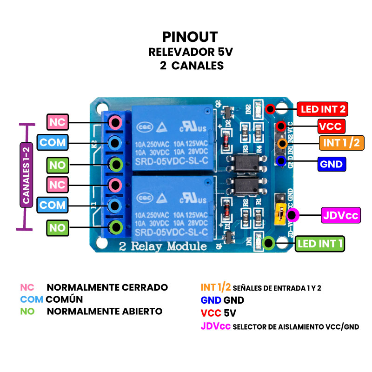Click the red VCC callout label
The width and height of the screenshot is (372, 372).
tap(330, 126)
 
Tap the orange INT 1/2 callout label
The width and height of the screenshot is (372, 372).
tap(341, 143)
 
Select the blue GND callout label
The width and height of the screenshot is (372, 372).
tap(331, 164)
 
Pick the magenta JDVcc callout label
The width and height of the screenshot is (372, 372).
tap(341, 216)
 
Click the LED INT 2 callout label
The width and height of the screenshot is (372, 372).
tap(323, 110)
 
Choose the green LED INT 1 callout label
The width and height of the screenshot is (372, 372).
tap(321, 243)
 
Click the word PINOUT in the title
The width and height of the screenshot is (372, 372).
tap(190, 37)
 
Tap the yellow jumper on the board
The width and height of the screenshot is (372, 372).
tap(280, 214)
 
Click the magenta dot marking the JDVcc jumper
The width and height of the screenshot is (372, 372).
tap(292, 215)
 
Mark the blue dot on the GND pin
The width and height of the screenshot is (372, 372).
tap(281, 161)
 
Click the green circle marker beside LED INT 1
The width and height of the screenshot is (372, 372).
tap(268, 243)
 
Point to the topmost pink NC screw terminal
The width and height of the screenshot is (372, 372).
tap(115, 122)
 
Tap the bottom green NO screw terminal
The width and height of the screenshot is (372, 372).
tap(115, 227)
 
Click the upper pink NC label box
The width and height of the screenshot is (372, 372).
tap(58, 122)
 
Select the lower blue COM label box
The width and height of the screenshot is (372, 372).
tap(52, 205)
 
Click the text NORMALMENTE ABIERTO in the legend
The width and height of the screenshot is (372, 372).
tap(105, 311)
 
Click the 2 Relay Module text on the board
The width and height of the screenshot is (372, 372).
tap(163, 246)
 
